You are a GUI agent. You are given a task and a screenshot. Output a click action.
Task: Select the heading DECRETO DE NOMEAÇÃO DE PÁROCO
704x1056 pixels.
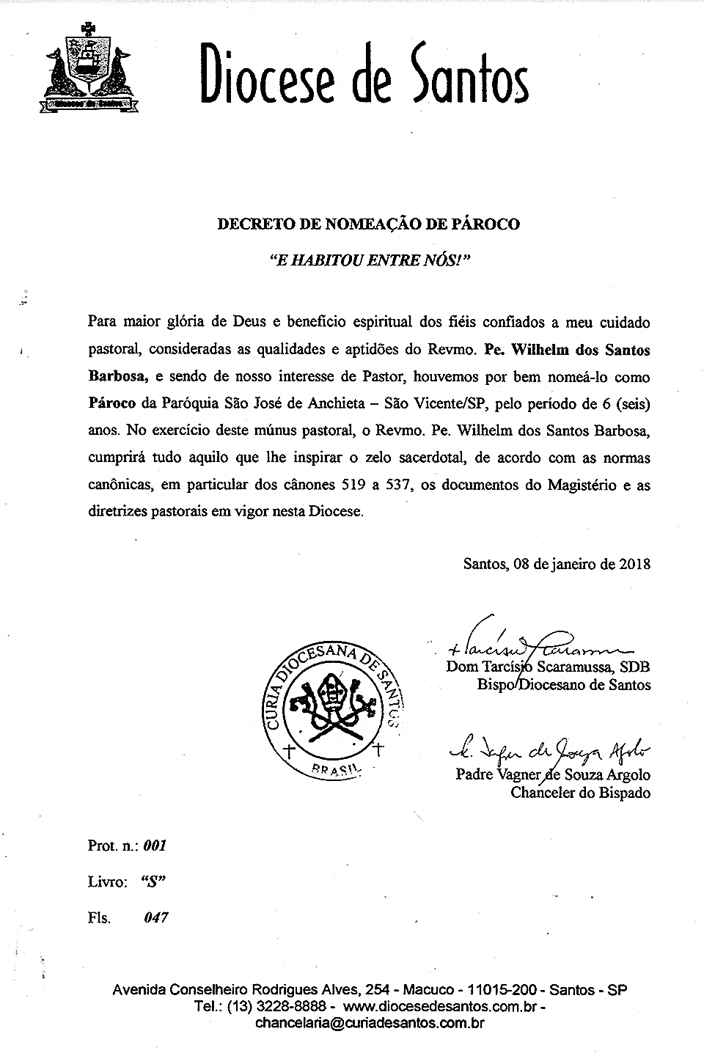[368, 224]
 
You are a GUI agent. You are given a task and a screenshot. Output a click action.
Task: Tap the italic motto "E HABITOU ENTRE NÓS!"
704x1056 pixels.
[369, 260]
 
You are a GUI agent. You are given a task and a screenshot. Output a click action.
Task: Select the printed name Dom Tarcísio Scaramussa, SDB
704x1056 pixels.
[547, 667]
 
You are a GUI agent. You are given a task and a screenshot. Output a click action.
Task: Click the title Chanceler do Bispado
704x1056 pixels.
[580, 792]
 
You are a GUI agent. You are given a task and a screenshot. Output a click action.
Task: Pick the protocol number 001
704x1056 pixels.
[155, 846]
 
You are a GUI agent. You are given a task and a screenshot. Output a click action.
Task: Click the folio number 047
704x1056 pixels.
[157, 917]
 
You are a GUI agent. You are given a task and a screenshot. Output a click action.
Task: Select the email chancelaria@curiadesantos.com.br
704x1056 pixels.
[369, 1024]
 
